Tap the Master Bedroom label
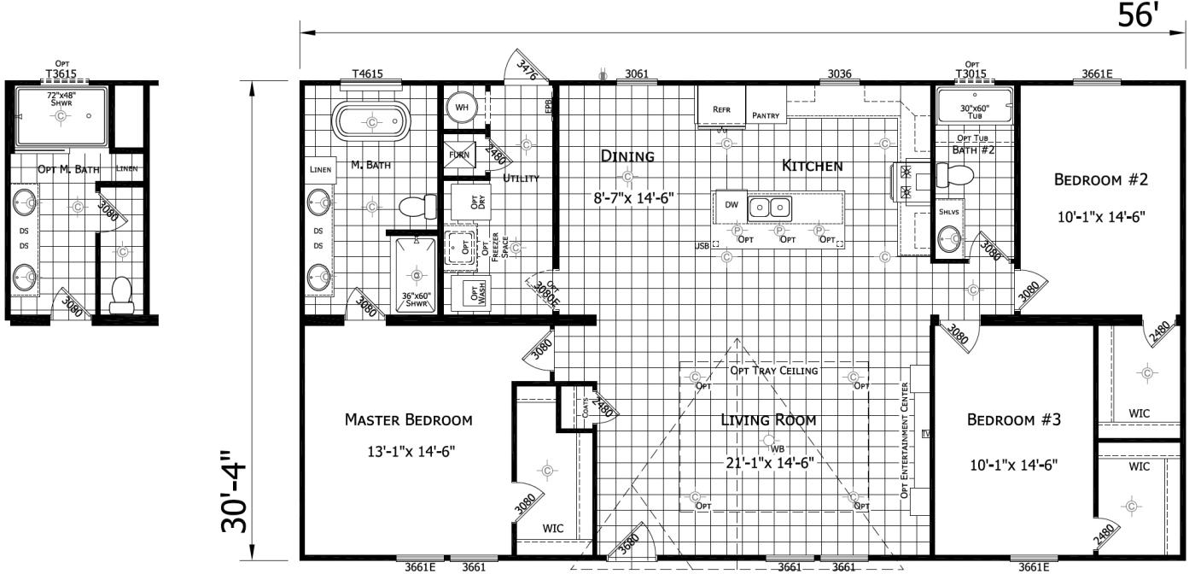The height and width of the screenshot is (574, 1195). click(408, 419)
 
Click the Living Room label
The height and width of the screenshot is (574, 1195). click(768, 419)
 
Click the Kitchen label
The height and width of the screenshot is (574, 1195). click(813, 166)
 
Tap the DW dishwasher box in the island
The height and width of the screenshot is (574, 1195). click(731, 205)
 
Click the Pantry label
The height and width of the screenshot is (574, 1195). click(767, 115)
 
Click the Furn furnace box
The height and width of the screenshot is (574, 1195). click(459, 155)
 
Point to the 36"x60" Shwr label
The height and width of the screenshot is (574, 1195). click(417, 300)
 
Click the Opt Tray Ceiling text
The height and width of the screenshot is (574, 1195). click(773, 371)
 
